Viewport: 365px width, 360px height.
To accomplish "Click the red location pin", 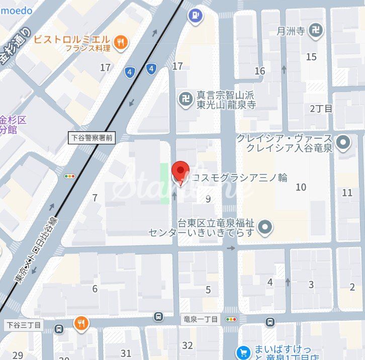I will click(x=180, y=171).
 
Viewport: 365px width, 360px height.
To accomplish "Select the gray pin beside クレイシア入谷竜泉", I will click(x=344, y=143).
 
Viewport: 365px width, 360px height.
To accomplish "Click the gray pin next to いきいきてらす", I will click(x=265, y=228).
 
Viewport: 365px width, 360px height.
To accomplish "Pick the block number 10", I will click(x=301, y=188).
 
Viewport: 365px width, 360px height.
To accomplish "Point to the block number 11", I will click(x=347, y=193).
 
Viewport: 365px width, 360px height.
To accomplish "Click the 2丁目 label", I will click(x=321, y=109).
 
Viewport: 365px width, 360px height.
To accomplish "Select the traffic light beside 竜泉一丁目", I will click(x=231, y=319).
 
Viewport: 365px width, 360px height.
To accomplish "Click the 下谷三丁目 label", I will click(x=24, y=325).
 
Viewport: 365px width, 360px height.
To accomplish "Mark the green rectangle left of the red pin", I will click(x=164, y=183).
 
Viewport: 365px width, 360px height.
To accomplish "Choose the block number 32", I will click(x=188, y=345).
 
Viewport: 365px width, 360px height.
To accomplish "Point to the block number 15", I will click(x=311, y=57).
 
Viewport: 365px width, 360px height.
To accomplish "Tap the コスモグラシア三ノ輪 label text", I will click(x=238, y=177).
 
